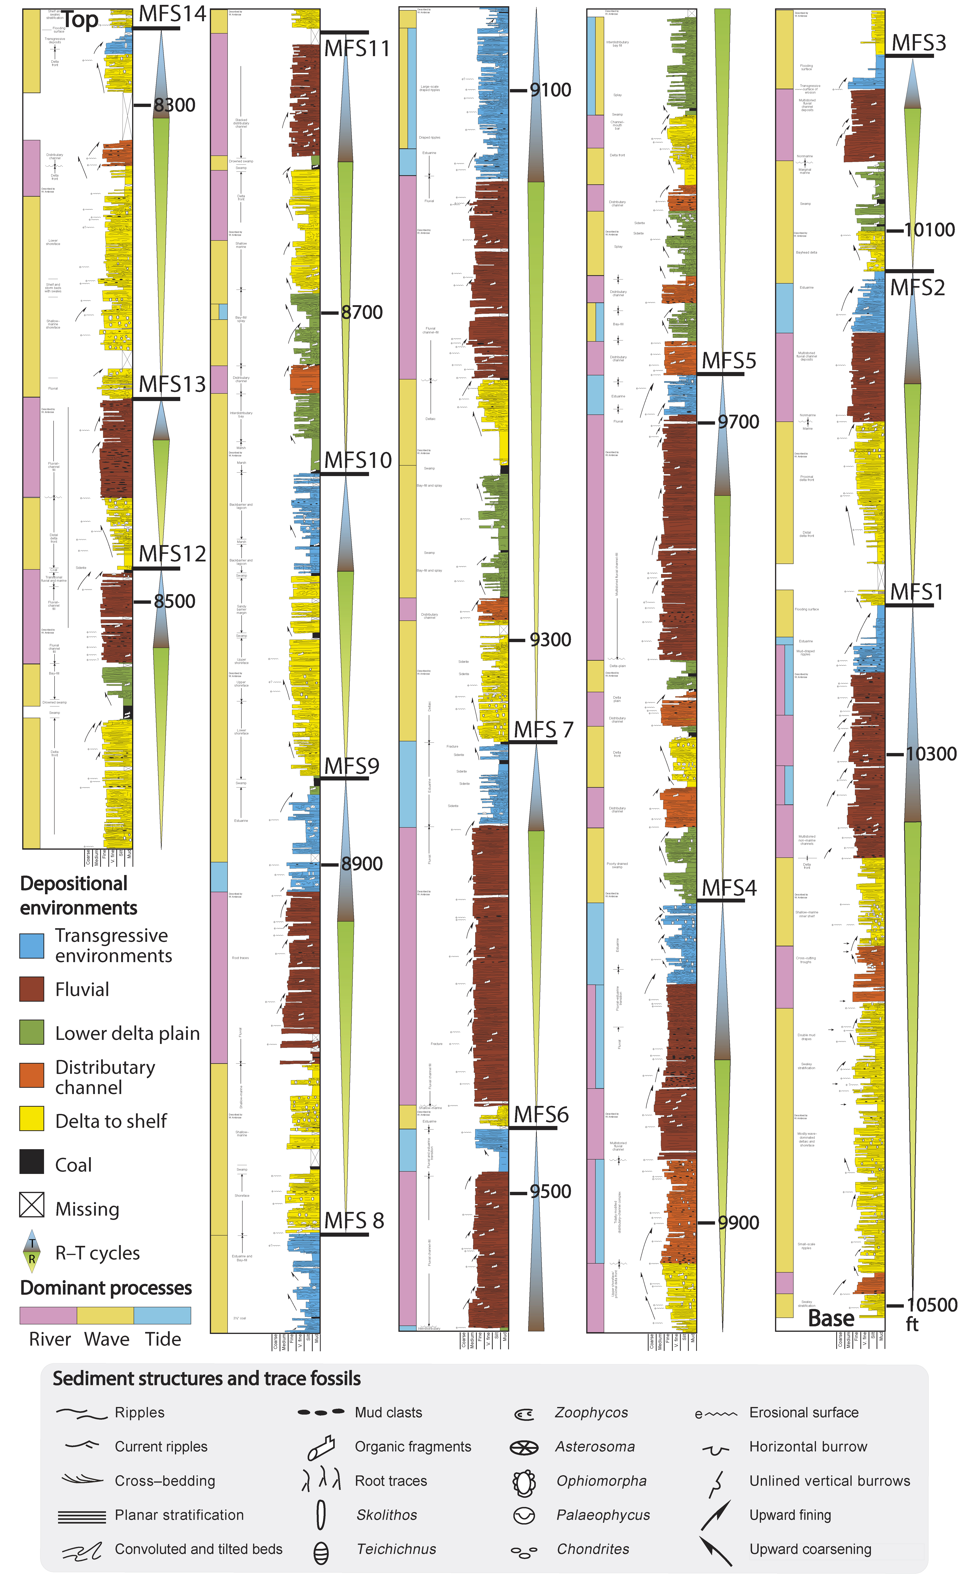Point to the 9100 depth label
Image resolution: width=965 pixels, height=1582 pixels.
[550, 90]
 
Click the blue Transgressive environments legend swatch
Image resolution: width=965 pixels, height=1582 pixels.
[31, 945]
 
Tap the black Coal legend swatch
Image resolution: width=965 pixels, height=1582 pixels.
[31, 1161]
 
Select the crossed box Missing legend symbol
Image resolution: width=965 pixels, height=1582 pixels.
[31, 1205]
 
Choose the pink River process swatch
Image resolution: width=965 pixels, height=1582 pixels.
[48, 1316]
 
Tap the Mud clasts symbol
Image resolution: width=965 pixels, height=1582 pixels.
[321, 1412]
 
